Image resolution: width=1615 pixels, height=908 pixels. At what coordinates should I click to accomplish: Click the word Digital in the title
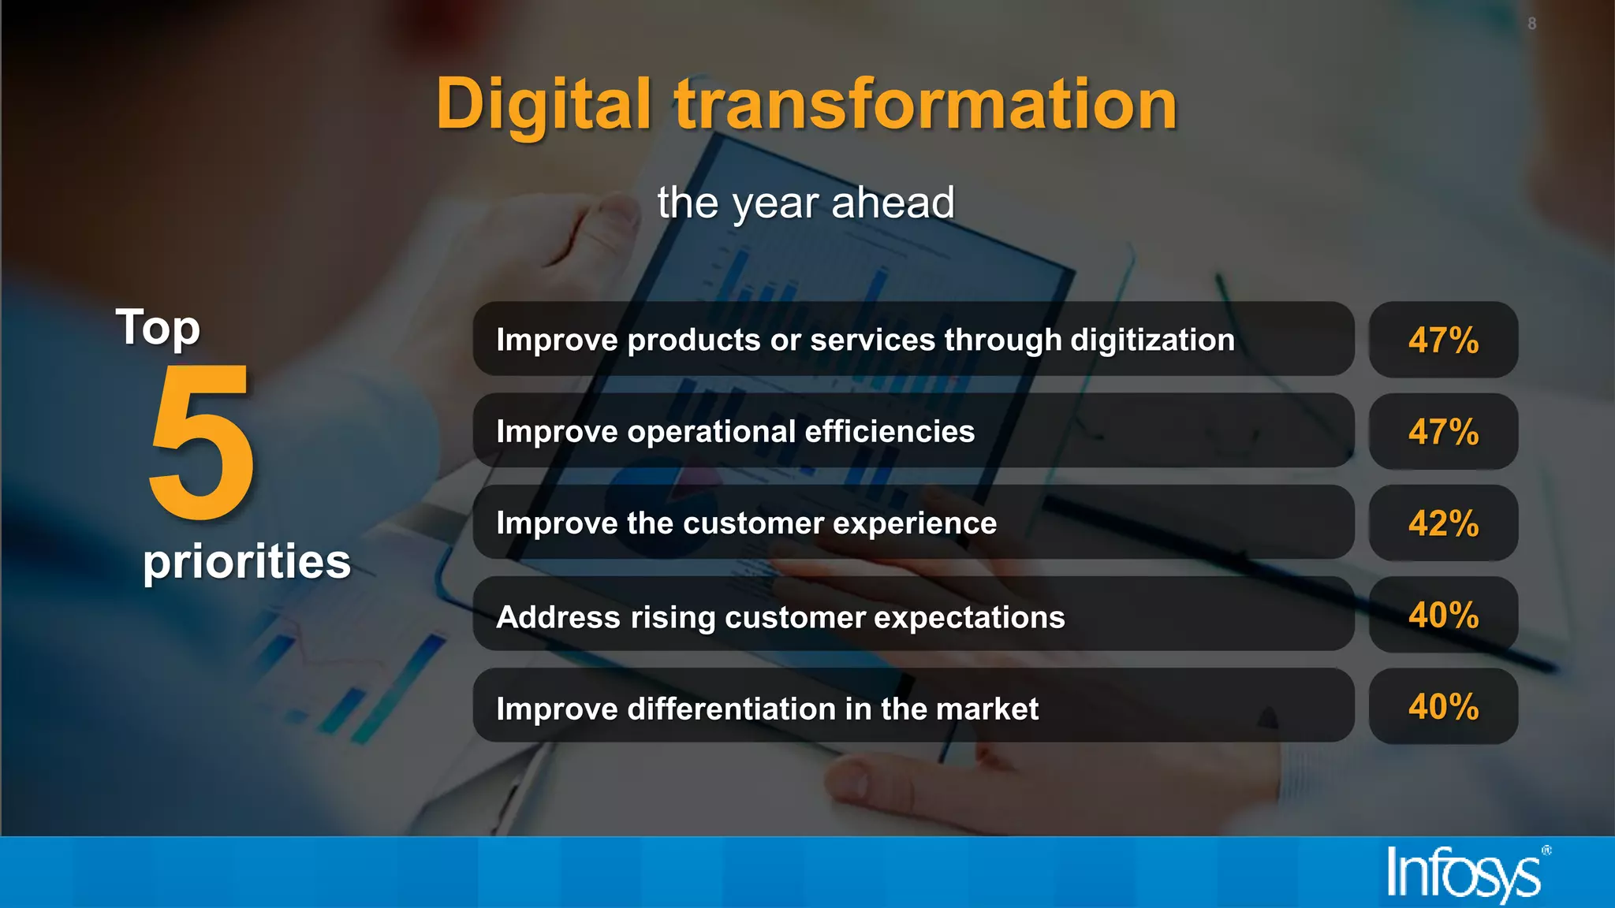pos(543,105)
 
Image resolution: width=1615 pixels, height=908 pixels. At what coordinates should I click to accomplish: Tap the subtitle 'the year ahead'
pos(806,203)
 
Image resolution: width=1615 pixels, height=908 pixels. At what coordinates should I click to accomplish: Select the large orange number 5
pos(202,442)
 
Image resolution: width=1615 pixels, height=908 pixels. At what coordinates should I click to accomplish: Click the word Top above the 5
pos(158,328)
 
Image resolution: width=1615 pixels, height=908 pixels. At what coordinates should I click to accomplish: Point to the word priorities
pos(247,561)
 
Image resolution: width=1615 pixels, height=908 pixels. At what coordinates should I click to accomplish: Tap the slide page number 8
pos(1531,24)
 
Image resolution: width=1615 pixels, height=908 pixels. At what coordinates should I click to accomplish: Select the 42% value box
pos(1443,523)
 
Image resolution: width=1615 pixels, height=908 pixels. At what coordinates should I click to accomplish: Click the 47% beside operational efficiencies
pos(1443,432)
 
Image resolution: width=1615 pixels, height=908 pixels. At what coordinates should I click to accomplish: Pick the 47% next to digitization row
pos(1443,340)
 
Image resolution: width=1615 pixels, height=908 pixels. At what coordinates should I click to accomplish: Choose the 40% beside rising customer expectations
pos(1443,615)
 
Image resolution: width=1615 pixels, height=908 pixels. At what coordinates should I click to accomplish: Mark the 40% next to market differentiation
pos(1443,706)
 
